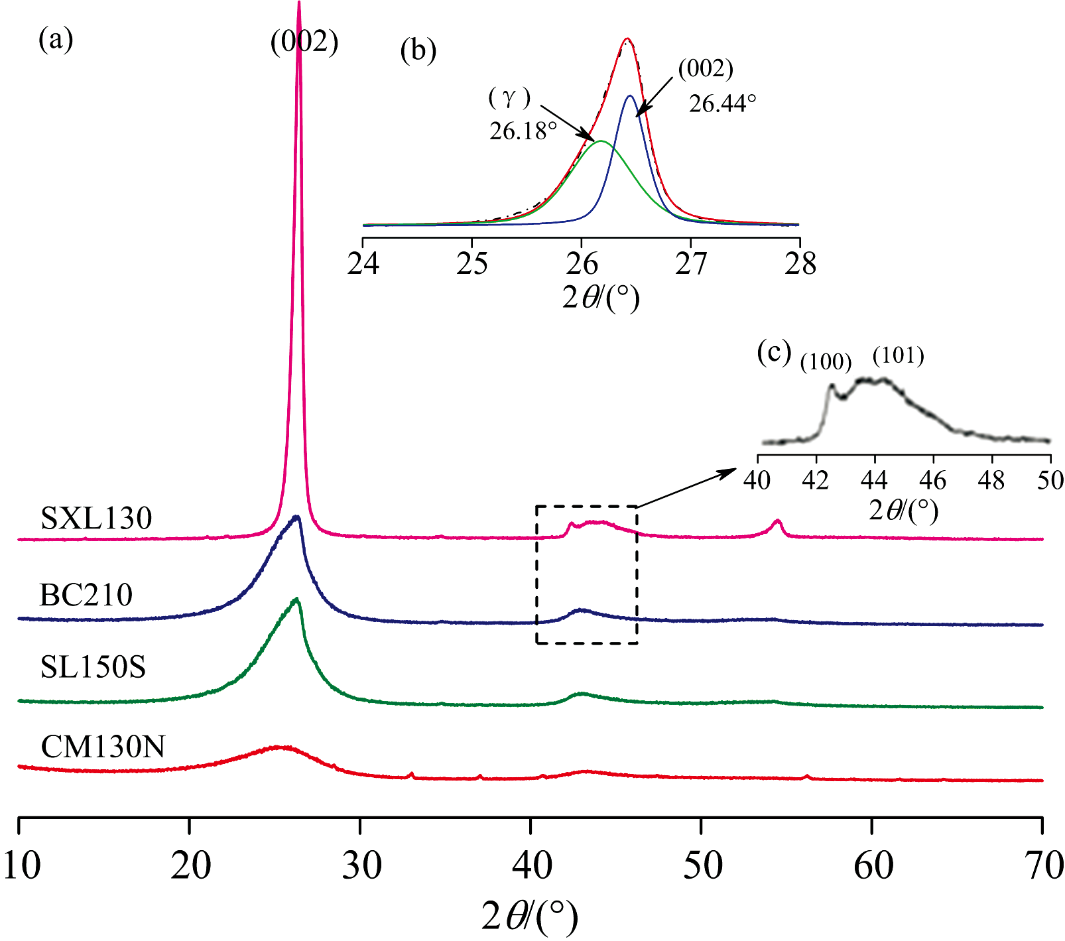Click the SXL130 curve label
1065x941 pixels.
tap(96, 518)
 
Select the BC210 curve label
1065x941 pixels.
tap(86, 595)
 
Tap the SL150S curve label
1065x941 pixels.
tap(93, 667)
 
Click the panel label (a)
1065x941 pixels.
tap(56, 40)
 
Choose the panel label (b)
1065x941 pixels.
tap(418, 50)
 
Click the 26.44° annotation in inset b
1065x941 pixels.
tap(723, 103)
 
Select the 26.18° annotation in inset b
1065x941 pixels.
tap(523, 131)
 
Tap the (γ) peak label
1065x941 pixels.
tap(509, 98)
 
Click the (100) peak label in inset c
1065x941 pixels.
tap(826, 362)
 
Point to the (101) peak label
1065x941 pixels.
tap(898, 356)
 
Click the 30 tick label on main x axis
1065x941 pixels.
tap(361, 865)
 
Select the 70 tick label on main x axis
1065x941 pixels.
tap(1044, 865)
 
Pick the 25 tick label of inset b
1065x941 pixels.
tap(471, 264)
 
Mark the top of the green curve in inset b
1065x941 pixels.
tap(601, 141)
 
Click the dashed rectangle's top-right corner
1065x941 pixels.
tap(637, 507)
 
